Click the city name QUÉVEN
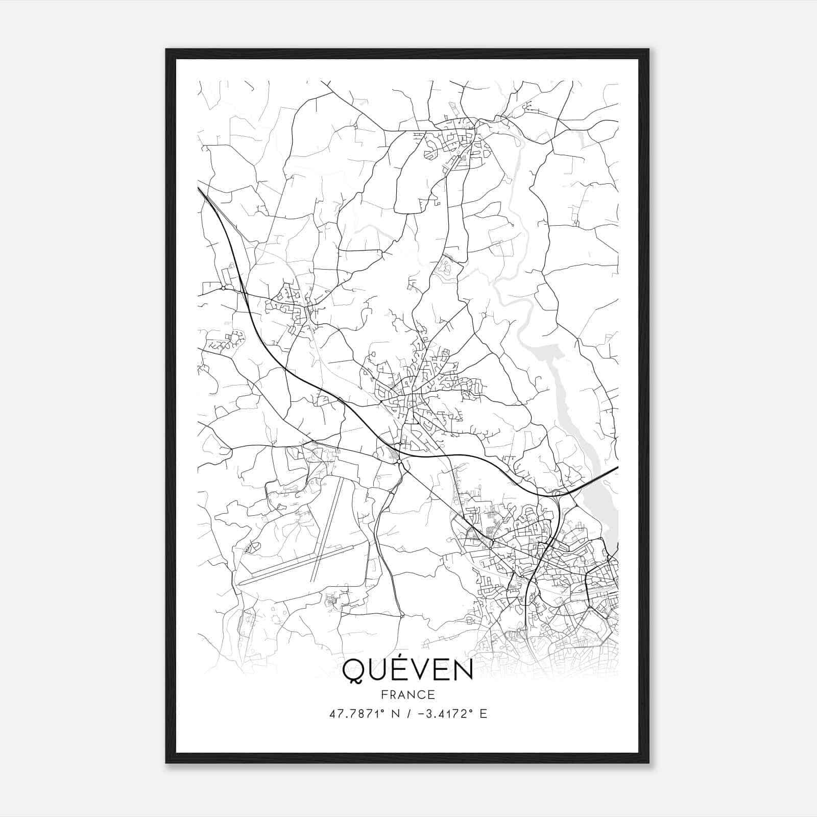[x=407, y=670]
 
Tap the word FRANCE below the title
[x=407, y=694]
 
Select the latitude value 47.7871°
[x=356, y=714]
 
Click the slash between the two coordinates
[x=407, y=714]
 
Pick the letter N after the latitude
[x=394, y=714]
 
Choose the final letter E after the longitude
[x=483, y=714]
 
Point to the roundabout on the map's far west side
[x=223, y=288]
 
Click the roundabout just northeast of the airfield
[x=399, y=462]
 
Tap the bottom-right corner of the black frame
[x=648, y=763]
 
